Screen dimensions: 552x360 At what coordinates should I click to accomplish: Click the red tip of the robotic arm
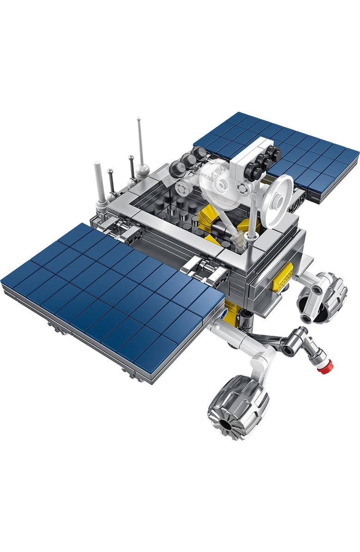327,366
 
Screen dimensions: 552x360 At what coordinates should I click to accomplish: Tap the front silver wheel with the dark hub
238,406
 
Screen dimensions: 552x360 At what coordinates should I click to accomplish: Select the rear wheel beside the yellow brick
322,297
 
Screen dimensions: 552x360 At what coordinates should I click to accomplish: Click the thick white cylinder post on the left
100,183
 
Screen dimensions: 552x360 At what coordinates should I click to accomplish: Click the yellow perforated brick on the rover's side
282,277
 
